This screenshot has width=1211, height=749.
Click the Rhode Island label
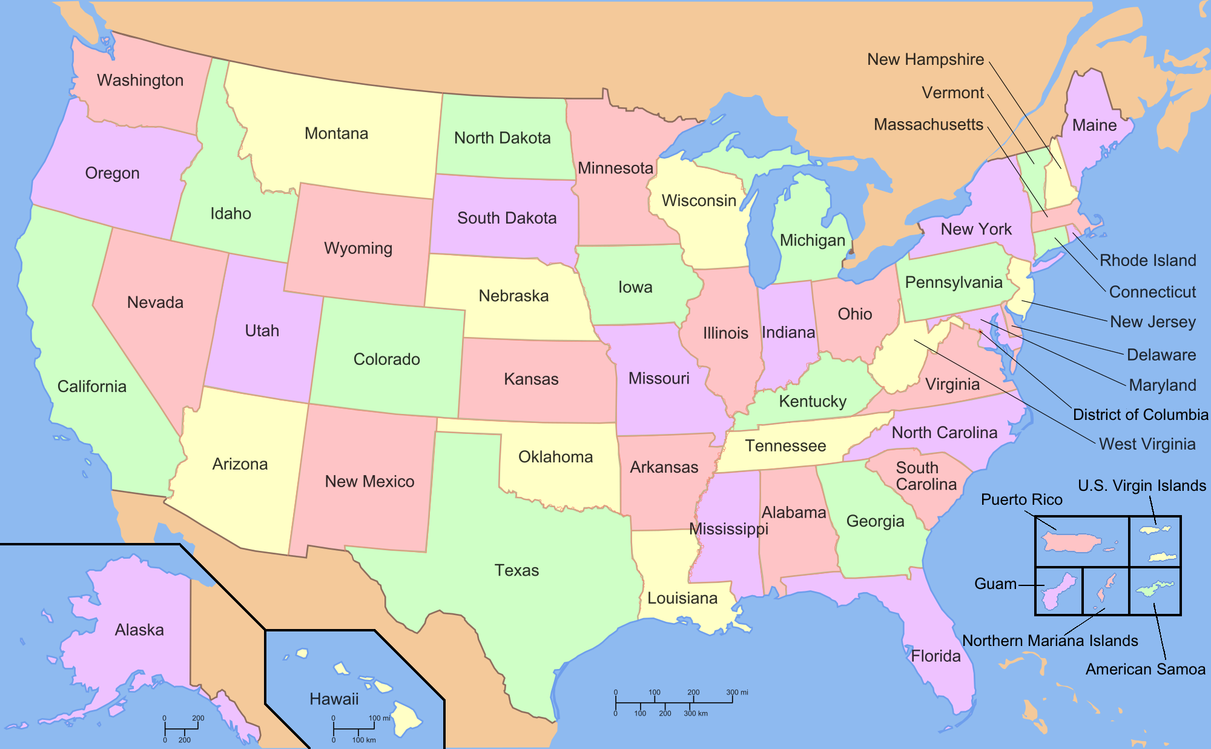[1147, 261]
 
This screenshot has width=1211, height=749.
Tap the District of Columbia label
[1140, 414]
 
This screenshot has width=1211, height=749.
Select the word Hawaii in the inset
[334, 699]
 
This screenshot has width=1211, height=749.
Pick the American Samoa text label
[1145, 669]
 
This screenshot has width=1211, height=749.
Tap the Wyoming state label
[358, 248]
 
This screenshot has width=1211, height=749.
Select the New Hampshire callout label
[925, 59]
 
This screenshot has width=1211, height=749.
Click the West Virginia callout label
[1147, 444]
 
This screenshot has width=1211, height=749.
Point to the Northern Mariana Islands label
[1050, 641]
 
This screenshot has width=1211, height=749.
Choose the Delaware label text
[1161, 355]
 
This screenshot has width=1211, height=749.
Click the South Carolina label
[926, 476]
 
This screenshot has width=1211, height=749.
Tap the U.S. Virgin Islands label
[1142, 485]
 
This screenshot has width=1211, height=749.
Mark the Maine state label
[1094, 125]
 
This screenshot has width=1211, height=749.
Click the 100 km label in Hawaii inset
[364, 740]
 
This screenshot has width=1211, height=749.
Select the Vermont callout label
[952, 93]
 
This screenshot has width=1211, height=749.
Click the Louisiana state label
[682, 598]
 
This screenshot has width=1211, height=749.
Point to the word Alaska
[139, 630]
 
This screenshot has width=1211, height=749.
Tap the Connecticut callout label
[1152, 292]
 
